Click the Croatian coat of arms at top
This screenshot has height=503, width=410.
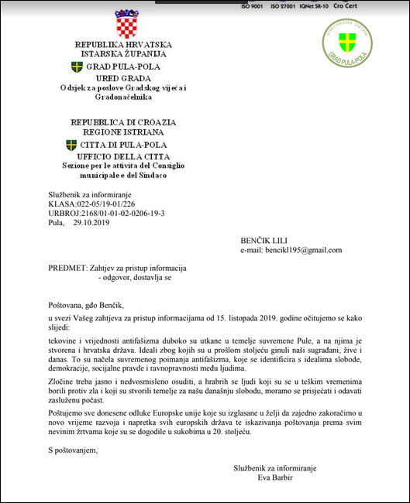coord(126,25)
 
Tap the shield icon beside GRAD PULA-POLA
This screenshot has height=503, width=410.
coord(77,67)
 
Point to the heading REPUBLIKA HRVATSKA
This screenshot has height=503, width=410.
coord(123,45)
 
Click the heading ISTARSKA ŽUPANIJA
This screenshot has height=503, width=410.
coord(123,55)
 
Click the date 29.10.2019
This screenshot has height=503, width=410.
coord(91,222)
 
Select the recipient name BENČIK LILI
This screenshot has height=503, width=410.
coord(264,241)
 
